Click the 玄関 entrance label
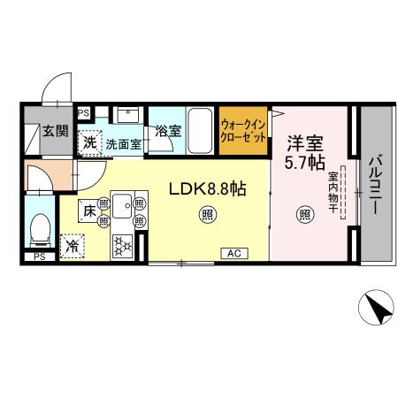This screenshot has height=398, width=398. (54, 131)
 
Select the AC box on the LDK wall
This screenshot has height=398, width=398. (234, 254)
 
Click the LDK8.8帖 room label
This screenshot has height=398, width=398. (208, 188)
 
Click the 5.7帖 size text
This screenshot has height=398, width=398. (303, 163)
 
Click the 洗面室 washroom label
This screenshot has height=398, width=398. (124, 143)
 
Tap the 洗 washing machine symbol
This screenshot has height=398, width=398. (90, 142)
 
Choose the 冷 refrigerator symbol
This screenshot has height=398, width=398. (73, 245)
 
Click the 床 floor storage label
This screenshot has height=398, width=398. (90, 212)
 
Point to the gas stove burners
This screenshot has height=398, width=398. (121, 245)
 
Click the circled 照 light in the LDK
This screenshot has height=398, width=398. (206, 213)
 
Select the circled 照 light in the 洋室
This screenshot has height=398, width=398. (303, 213)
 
